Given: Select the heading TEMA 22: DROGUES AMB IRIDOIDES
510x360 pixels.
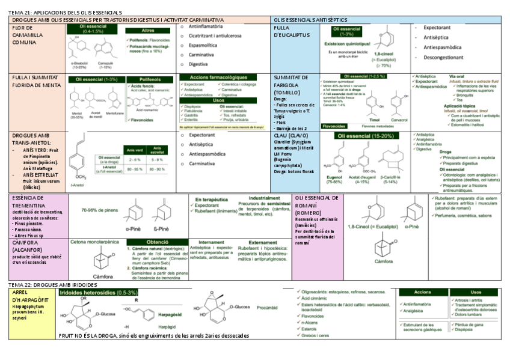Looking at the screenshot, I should click(55, 283).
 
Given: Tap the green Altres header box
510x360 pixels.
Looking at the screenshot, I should click(147, 31).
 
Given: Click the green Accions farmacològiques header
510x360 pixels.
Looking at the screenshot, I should click(218, 78).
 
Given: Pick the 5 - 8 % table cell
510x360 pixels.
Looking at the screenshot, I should click(158, 160).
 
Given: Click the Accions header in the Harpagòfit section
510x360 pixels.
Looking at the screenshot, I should click(423, 291).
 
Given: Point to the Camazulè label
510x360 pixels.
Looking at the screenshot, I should click(106, 63).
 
